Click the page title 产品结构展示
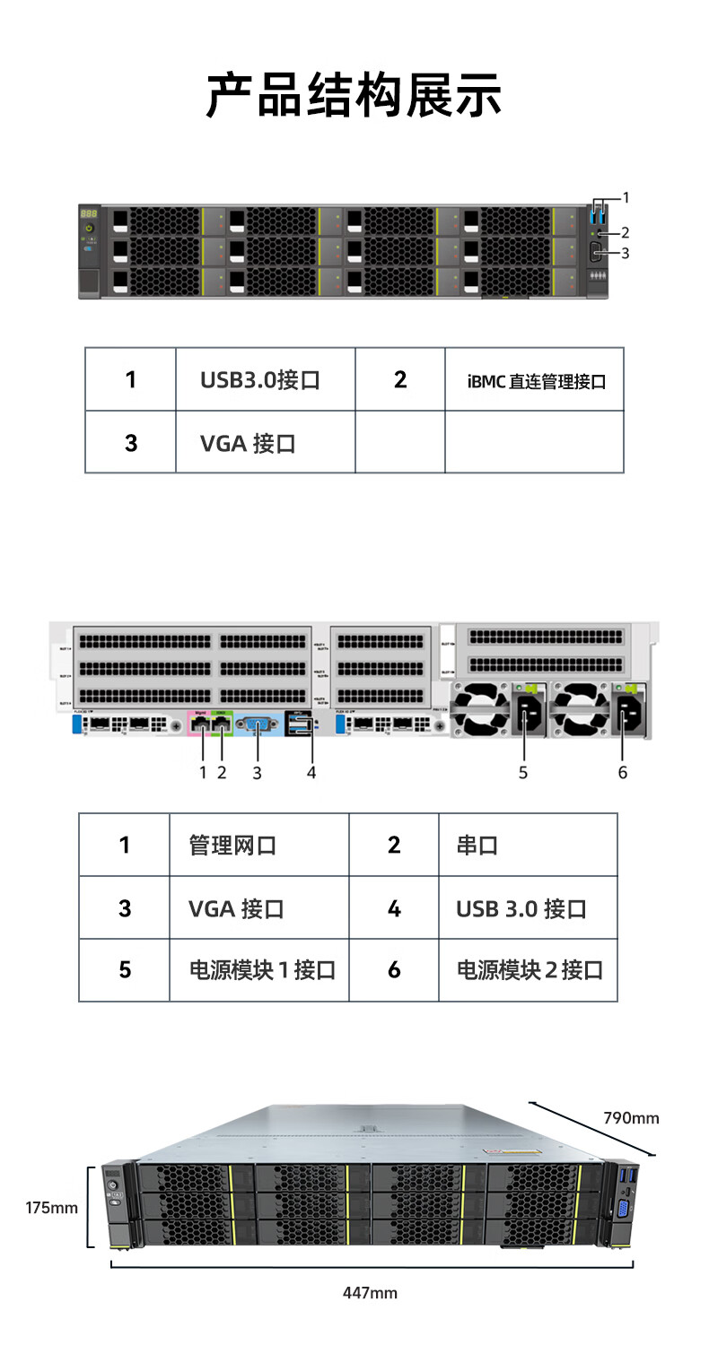click(x=354, y=97)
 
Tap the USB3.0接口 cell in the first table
click(x=260, y=379)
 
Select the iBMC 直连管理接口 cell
click(x=536, y=381)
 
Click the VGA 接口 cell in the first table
click(x=248, y=443)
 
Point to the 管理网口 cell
click(x=232, y=845)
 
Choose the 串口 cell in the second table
click(x=477, y=845)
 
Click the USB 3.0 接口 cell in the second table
click(x=521, y=908)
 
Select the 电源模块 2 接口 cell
click(x=530, y=970)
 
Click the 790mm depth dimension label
click(x=631, y=1118)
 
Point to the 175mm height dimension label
click(x=51, y=1208)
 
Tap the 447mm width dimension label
click(x=370, y=1293)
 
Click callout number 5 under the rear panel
click(x=523, y=772)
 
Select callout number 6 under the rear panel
click(x=623, y=772)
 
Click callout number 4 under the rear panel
click(x=311, y=772)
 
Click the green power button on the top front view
click(x=89, y=230)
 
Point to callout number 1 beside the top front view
click(x=626, y=197)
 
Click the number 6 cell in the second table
click(x=394, y=970)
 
